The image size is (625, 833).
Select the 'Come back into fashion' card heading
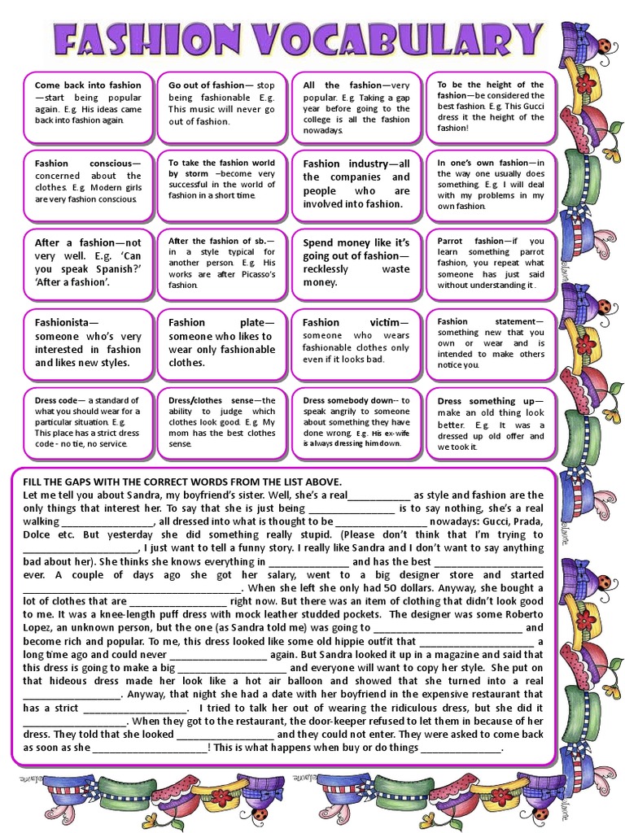(x=88, y=85)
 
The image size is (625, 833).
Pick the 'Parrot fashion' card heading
(x=471, y=242)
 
